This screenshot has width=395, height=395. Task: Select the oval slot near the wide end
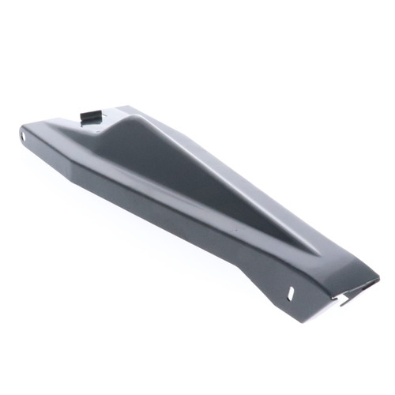tap(294, 292)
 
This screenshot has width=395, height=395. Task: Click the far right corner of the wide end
tap(378, 278)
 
